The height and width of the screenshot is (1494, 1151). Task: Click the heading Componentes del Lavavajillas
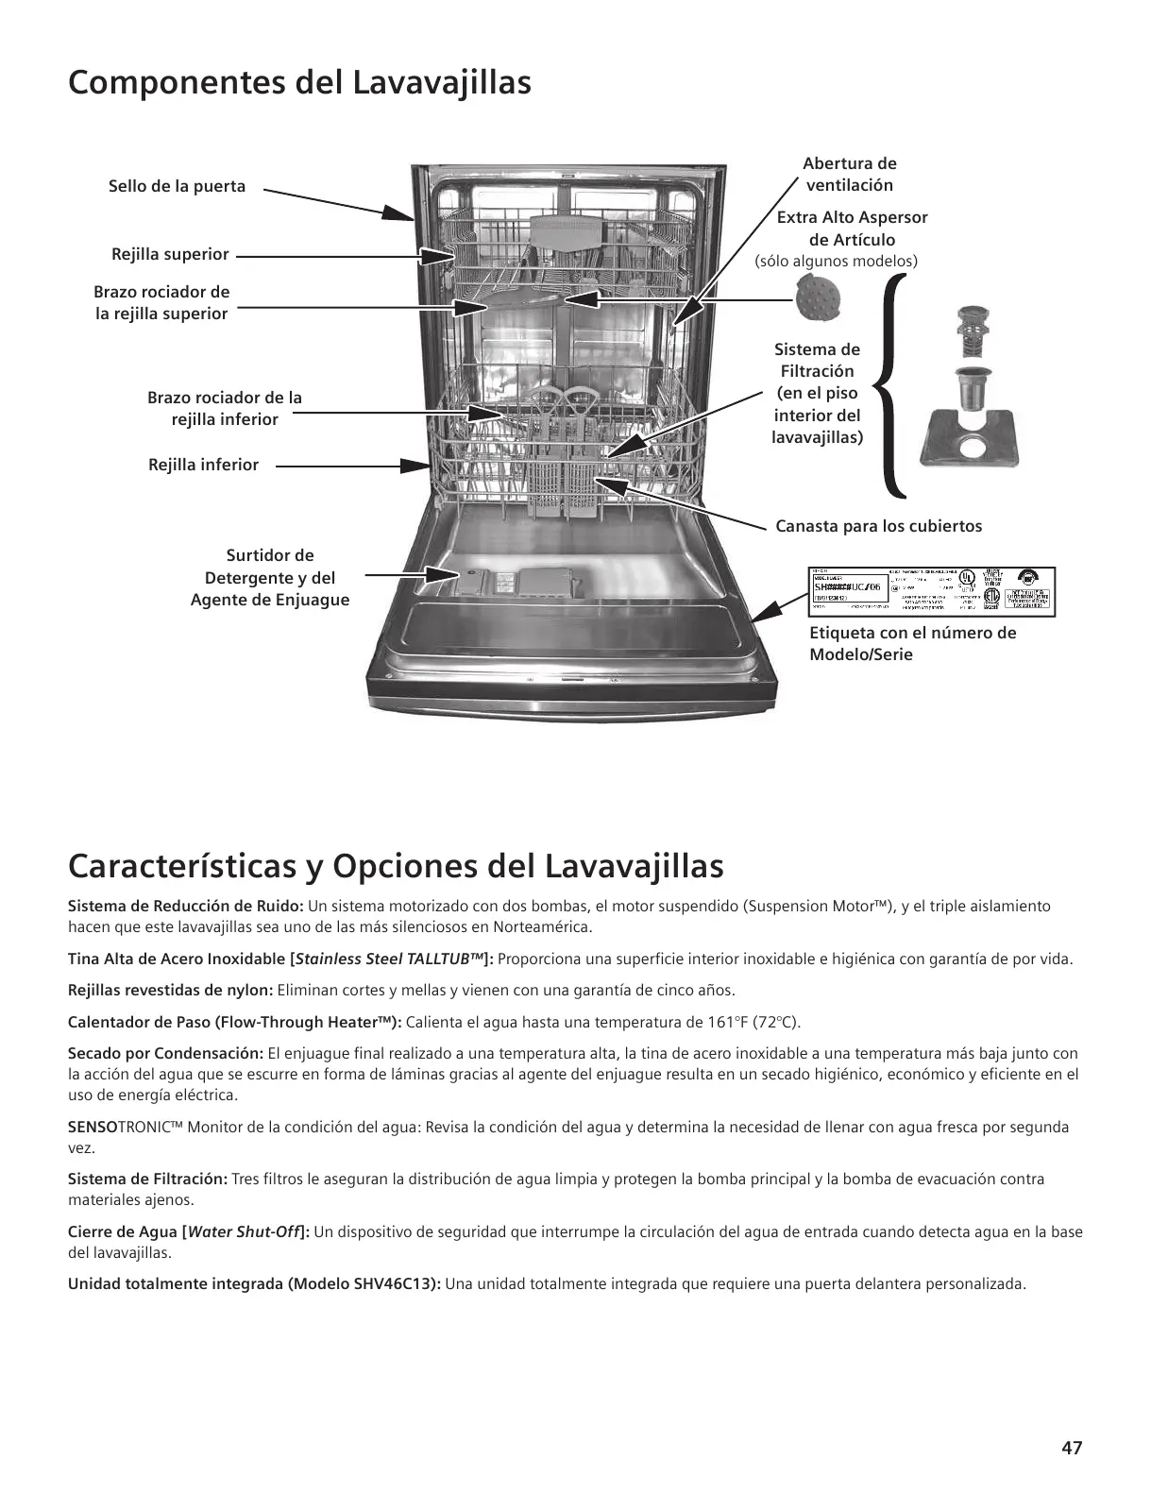coord(299,83)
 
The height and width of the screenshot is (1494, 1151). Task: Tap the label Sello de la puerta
coord(177,186)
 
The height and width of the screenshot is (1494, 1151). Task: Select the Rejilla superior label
coord(170,254)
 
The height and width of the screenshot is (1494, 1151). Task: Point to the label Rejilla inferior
coord(203,465)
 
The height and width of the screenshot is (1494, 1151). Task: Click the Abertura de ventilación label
coord(849,174)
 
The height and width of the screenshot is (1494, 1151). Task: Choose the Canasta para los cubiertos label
coord(878,526)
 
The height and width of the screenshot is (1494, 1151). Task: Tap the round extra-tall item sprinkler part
coord(817,297)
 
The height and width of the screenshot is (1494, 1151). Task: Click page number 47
coord(1071,1448)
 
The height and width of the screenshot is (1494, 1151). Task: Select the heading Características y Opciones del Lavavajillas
coord(396,865)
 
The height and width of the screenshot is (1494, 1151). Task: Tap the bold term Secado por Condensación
coord(165,1053)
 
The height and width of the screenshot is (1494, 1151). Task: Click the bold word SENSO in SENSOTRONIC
coord(93,1127)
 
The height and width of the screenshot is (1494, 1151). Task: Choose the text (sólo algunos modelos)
coord(837,261)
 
